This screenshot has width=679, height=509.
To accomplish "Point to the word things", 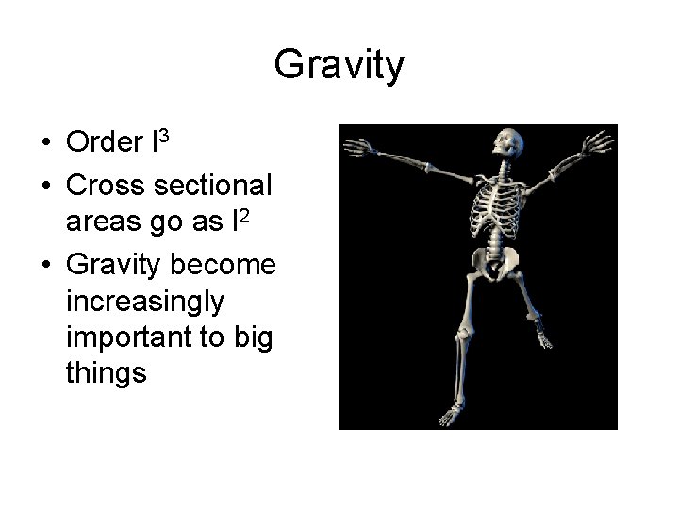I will pyautogui.click(x=107, y=374).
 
